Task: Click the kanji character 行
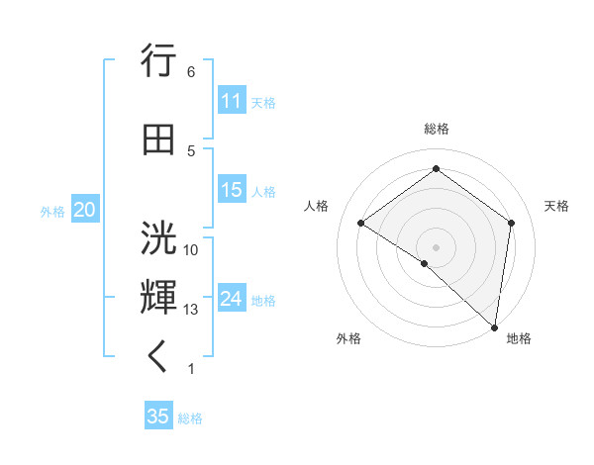click(159, 62)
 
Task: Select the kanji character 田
click(159, 140)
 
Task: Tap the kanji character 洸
click(159, 238)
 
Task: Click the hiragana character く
click(158, 358)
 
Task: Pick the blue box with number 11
click(232, 101)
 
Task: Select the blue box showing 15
click(232, 190)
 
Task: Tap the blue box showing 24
click(232, 299)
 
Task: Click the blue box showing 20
click(85, 210)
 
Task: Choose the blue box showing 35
click(158, 417)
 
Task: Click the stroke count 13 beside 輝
click(191, 310)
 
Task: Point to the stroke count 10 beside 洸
click(191, 249)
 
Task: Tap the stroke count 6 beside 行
click(191, 72)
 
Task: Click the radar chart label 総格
click(437, 129)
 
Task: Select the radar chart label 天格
click(556, 206)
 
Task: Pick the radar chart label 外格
click(348, 338)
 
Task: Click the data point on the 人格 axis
click(361, 223)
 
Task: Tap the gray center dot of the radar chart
click(437, 246)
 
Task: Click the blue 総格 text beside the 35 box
click(190, 418)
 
